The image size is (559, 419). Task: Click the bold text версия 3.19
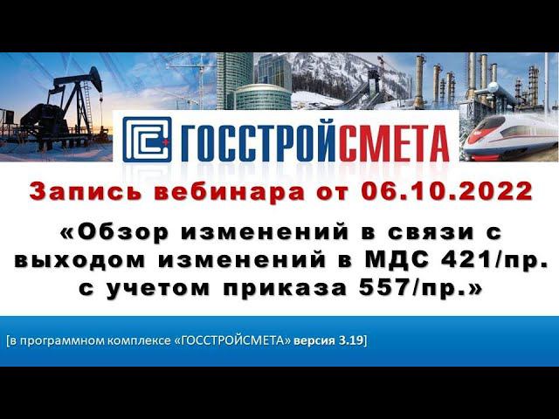tap(336, 339)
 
